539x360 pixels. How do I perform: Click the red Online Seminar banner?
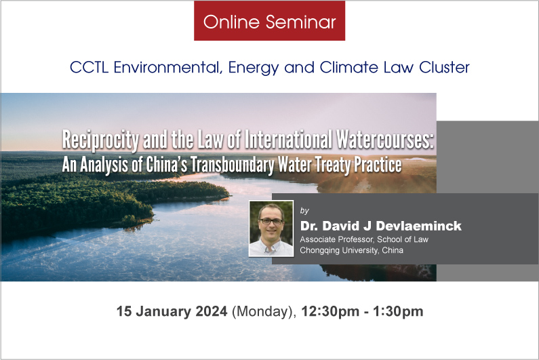(x=270, y=20)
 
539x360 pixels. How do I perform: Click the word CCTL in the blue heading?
(x=89, y=67)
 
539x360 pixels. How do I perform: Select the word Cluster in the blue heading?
(x=444, y=67)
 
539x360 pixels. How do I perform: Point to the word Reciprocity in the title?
(x=100, y=140)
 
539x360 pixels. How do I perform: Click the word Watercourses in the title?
(x=385, y=140)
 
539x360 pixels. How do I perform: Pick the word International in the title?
(x=287, y=140)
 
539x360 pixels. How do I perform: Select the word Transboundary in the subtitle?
(x=233, y=165)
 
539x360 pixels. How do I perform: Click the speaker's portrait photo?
(x=271, y=228)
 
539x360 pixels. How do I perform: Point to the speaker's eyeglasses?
(x=271, y=222)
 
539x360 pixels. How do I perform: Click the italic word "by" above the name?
(x=304, y=210)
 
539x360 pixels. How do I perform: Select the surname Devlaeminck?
(x=418, y=226)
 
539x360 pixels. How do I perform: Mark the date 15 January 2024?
(x=172, y=311)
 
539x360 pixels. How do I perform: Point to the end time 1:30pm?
(x=398, y=311)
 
